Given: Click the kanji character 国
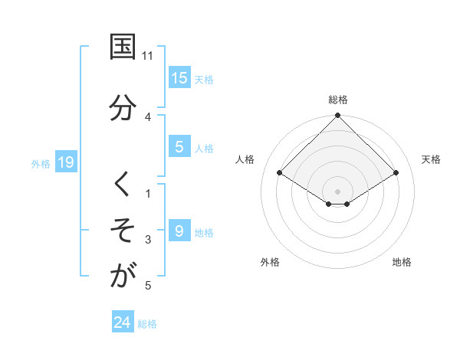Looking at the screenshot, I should point(123,47).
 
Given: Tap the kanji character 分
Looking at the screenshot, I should point(123,106).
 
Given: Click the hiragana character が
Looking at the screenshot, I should point(123,277).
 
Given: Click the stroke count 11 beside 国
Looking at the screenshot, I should point(148,56).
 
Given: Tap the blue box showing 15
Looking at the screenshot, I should point(179,77).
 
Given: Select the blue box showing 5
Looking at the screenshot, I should point(179,147).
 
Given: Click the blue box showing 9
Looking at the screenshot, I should point(179,231).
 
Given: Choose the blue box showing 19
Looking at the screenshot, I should point(66,162).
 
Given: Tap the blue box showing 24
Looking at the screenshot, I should point(123,322).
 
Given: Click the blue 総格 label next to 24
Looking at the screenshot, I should point(147,324).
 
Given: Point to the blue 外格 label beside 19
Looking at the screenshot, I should point(41,163).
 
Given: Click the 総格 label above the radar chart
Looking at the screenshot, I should point(337,100).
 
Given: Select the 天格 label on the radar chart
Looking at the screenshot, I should point(431,159).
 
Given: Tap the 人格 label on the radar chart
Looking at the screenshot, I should point(245,159).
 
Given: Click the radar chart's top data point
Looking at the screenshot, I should point(337,116).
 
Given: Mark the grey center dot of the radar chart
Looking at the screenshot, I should point(337,191).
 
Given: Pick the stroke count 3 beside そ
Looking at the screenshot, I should point(148,240).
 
